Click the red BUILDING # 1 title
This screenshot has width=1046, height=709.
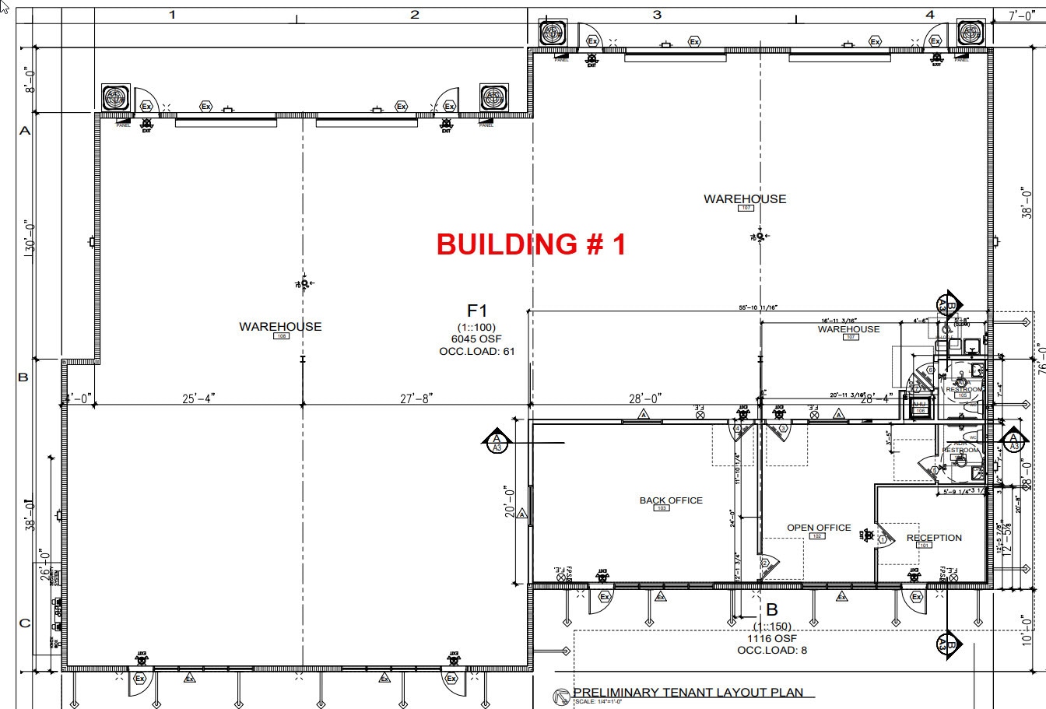click(531, 244)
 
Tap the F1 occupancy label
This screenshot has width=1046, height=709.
click(476, 312)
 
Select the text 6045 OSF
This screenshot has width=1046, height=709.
click(476, 339)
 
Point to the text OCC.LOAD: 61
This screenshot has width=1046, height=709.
click(476, 351)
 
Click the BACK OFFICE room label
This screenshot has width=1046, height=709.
click(671, 500)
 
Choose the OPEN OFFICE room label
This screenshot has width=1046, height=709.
click(819, 528)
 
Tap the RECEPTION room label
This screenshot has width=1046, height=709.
click(934, 538)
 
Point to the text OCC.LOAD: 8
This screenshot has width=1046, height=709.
click(771, 650)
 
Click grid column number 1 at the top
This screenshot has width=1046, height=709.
click(173, 14)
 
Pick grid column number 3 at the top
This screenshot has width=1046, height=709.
click(657, 14)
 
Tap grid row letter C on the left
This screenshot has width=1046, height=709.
click(24, 623)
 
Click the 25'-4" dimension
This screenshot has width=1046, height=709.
click(198, 398)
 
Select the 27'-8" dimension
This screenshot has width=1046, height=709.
click(415, 398)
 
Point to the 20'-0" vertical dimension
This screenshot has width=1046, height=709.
click(510, 502)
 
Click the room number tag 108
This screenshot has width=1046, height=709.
click(280, 336)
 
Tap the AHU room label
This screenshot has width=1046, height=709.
click(919, 405)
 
